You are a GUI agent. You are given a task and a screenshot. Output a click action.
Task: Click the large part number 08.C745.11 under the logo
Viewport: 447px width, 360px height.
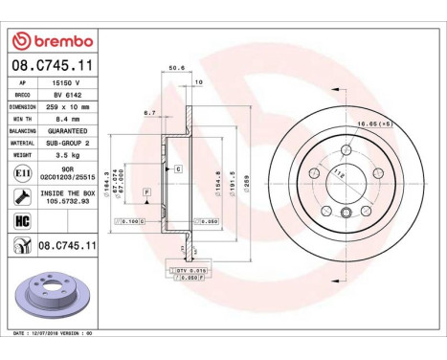(x=54, y=66)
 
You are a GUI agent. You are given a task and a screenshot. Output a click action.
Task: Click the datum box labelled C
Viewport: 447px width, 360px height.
(x=177, y=169)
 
